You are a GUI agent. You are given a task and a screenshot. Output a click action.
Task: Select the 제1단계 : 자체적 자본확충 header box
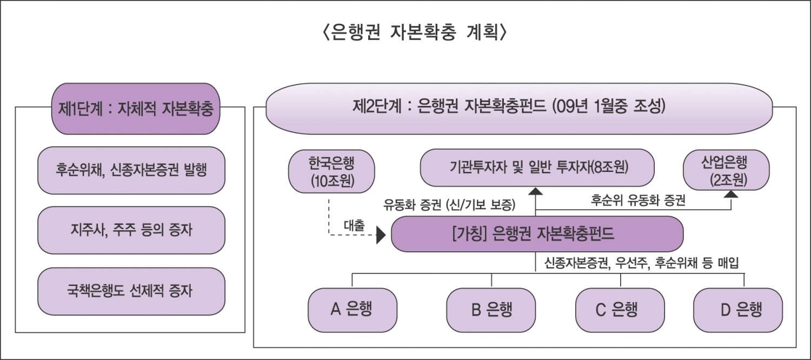135,109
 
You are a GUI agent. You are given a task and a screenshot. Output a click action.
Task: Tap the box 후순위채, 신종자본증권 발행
131,170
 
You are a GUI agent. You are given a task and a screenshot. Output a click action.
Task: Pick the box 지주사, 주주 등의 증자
131,230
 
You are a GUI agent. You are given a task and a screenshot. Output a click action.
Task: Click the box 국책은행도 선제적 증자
131,291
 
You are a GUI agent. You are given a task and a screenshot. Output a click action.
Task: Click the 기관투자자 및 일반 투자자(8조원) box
537,168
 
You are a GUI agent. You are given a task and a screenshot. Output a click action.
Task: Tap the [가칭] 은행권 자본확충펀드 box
537,234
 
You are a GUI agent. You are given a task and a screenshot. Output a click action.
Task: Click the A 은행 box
353,310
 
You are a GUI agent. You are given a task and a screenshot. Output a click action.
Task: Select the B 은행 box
491,310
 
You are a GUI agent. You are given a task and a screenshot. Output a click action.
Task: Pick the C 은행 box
620,310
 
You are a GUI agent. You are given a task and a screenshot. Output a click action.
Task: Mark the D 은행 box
737,310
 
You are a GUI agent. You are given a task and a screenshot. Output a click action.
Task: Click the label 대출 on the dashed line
355,225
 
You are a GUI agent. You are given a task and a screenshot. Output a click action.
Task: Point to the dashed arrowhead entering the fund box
381,235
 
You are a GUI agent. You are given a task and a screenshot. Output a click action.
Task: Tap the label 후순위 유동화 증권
638,201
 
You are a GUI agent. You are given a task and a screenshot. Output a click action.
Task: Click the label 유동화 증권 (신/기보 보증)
449,205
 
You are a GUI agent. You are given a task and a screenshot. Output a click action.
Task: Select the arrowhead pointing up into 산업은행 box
731,193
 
